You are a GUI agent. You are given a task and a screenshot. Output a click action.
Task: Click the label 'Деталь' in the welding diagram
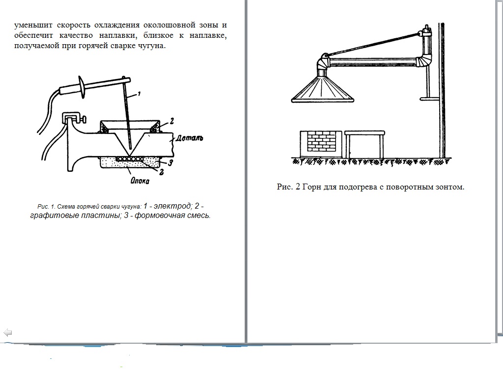(x=189, y=138)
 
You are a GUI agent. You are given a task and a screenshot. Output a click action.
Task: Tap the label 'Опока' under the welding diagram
(x=140, y=181)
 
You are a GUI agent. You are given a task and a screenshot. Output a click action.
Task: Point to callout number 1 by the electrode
(x=139, y=94)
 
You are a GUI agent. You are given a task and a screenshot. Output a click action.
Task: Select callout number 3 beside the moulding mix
(x=170, y=162)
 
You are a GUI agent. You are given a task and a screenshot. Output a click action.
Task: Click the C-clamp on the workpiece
(x=74, y=117)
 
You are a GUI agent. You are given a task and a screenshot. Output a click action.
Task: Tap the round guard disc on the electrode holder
(x=82, y=86)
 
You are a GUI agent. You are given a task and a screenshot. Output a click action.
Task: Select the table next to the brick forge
(x=365, y=144)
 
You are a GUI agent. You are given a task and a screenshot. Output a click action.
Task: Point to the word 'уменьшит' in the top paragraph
(x=33, y=25)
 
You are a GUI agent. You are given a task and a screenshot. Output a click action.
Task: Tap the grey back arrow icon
(x=7, y=332)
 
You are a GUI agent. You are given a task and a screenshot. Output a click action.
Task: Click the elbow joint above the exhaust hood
(x=323, y=63)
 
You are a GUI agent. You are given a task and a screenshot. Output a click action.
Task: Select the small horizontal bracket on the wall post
(x=430, y=98)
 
